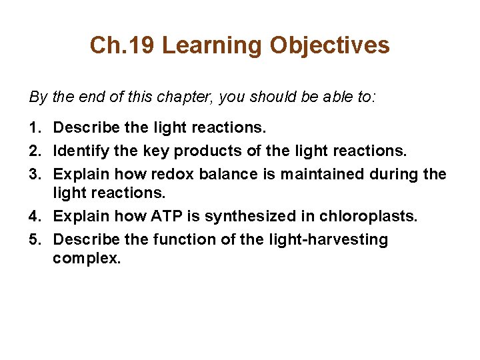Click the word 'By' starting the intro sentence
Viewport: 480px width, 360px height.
pyautogui.click(x=38, y=97)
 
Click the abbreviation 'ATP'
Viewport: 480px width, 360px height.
pyautogui.click(x=171, y=216)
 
